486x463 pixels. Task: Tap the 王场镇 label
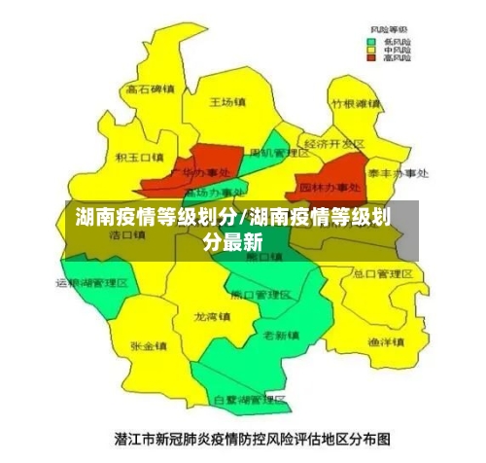(229, 100)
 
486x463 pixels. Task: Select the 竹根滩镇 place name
(354, 103)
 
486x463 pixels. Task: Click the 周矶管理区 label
(278, 154)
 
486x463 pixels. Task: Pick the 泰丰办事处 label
(398, 173)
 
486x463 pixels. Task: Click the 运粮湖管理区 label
(90, 283)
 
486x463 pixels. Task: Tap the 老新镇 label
(281, 335)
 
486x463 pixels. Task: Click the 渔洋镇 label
(385, 342)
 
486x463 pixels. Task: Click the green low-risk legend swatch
(370, 43)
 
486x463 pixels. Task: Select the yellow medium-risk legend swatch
(370, 51)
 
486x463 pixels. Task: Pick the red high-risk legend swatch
(370, 58)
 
